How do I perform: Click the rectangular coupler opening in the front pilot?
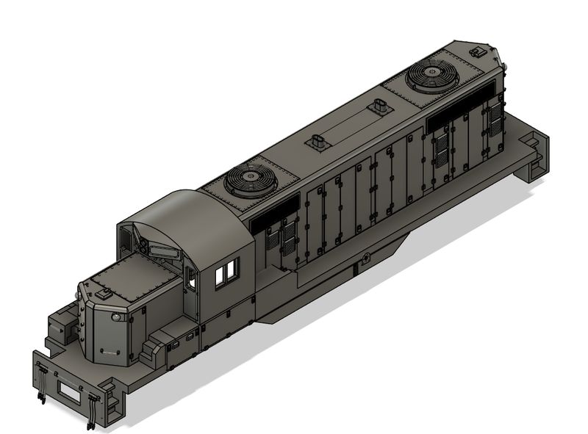[x=71, y=394]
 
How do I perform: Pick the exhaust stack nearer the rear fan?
[x=379, y=106]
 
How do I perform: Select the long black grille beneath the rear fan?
[x=461, y=104]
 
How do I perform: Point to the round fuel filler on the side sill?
[x=365, y=258]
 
